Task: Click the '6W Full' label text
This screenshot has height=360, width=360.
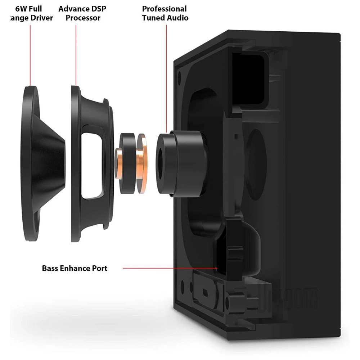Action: pyautogui.click(x=29, y=9)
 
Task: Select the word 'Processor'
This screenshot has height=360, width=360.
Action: pyautogui.click(x=83, y=18)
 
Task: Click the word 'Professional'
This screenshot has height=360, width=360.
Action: pyautogui.click(x=164, y=9)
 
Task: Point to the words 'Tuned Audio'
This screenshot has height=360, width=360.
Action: pyautogui.click(x=165, y=18)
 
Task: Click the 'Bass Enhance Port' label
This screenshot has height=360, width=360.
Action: pyautogui.click(x=75, y=268)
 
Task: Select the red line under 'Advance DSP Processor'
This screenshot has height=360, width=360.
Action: pyautogui.click(x=76, y=54)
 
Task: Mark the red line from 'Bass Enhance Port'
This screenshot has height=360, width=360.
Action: pyautogui.click(x=169, y=268)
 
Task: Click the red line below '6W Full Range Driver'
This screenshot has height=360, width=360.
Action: pyautogui.click(x=30, y=54)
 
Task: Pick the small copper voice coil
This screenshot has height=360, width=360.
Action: pyautogui.click(x=118, y=164)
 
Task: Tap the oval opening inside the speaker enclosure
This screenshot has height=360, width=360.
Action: pyautogui.click(x=255, y=158)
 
